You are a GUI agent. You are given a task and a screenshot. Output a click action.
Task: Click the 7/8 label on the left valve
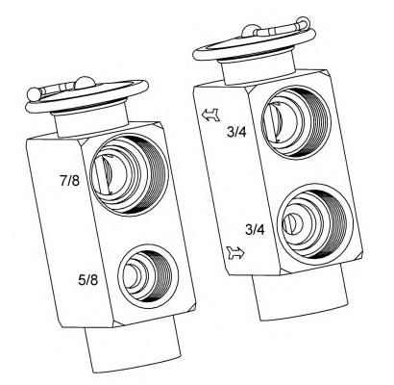(x=69, y=181)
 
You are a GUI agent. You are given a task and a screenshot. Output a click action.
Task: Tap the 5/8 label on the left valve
(x=88, y=280)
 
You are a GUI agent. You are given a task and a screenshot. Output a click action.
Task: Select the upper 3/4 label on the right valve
(x=236, y=132)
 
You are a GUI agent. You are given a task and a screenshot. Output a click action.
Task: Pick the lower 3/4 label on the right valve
(x=255, y=229)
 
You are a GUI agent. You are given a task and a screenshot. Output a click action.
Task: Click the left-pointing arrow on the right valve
(x=211, y=115)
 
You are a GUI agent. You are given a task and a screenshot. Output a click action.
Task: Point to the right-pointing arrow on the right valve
(x=235, y=253)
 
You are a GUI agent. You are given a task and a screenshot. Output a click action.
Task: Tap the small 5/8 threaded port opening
(x=148, y=275)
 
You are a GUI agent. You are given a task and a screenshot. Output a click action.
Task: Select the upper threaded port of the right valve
(x=295, y=121)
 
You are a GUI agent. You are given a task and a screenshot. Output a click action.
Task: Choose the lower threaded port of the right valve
(x=315, y=221)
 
